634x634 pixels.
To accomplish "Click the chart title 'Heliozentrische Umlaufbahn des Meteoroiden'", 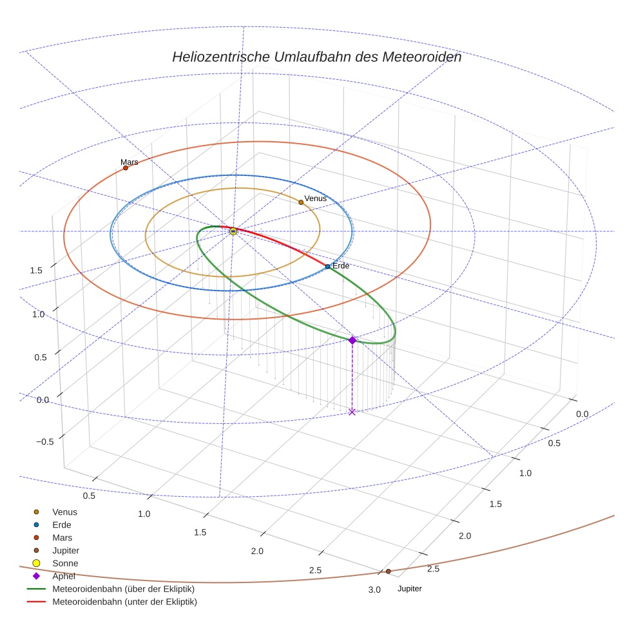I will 316,57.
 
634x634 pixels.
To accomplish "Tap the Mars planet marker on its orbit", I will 126,168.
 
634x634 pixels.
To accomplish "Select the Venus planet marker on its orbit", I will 301,202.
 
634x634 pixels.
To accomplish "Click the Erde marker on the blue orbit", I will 327,266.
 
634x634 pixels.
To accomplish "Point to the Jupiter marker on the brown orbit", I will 388,571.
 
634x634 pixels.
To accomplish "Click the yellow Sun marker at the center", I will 233,231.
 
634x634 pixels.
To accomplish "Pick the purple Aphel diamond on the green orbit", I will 352,340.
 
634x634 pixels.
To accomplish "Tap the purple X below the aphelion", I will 352,412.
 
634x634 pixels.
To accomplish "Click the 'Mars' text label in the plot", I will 130,162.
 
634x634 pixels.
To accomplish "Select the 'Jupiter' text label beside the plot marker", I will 410,589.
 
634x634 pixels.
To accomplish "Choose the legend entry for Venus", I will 64,512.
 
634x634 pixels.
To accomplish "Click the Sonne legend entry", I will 65,563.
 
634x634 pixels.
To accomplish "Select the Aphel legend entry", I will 64,576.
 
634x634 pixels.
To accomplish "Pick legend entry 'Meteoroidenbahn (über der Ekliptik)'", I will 123,589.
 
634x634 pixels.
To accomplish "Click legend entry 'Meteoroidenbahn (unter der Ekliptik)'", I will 124,602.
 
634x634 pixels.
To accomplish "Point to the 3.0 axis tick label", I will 374,590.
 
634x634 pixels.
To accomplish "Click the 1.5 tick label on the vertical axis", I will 36,270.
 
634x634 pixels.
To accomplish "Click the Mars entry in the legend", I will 62,537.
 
